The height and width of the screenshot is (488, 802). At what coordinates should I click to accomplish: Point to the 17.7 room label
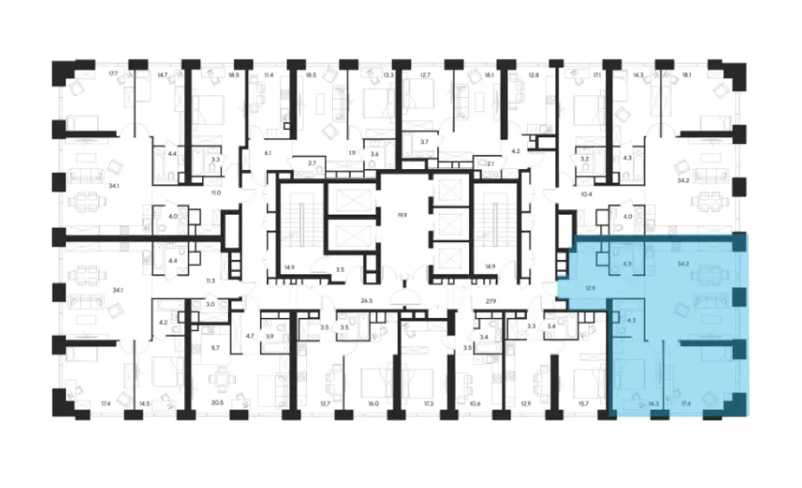[x=113, y=74]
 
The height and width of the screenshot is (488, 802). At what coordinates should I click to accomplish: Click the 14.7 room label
[x=163, y=74]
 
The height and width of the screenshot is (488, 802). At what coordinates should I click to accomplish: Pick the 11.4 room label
[x=269, y=74]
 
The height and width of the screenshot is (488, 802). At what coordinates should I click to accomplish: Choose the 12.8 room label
[x=534, y=74]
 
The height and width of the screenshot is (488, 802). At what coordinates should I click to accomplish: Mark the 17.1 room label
[x=597, y=74]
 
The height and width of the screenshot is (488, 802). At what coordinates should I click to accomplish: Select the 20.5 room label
[x=218, y=403]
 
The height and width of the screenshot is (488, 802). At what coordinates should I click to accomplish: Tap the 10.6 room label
[x=475, y=403]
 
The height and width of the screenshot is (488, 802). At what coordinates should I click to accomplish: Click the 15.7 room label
[x=582, y=403]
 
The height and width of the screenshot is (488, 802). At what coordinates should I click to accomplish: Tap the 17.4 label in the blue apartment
[x=686, y=403]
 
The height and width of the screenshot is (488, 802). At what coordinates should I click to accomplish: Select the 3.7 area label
[x=424, y=141]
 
